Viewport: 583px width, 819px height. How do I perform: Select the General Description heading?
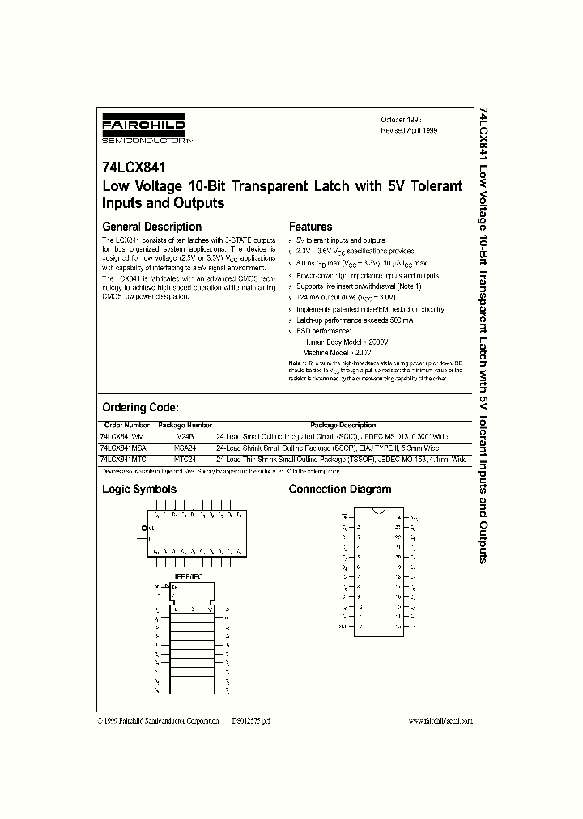[151, 227]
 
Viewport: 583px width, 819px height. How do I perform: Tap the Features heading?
[310, 227]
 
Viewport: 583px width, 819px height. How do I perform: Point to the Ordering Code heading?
[140, 408]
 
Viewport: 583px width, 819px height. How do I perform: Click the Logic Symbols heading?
[138, 489]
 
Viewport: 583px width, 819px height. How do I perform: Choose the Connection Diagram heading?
[339, 489]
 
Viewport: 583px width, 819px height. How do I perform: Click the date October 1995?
[401, 119]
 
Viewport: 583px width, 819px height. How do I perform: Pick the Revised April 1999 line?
[409, 129]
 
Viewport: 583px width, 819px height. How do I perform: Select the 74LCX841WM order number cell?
[121, 435]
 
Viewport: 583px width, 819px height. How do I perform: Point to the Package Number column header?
[185, 425]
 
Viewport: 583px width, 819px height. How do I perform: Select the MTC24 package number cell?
[185, 458]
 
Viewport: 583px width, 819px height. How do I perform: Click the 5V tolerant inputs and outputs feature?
[340, 240]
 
